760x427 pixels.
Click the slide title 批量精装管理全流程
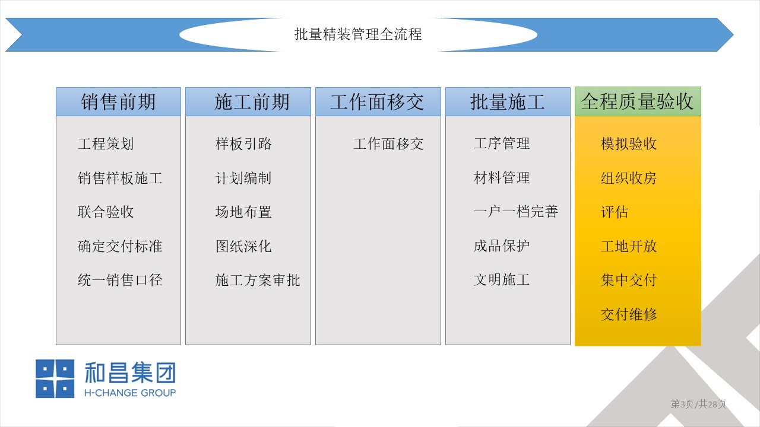tap(358, 34)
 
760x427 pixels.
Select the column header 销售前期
tap(118, 101)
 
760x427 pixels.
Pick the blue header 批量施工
tap(508, 101)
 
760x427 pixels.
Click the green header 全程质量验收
tap(638, 101)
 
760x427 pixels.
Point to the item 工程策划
tap(106, 144)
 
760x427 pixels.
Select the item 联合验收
tap(106, 212)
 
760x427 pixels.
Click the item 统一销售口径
tap(120, 281)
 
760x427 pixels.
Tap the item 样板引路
tap(243, 144)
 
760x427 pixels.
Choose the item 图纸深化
tap(243, 246)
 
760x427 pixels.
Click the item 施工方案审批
tap(258, 281)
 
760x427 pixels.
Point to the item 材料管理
tap(502, 178)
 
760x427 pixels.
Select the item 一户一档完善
tap(516, 212)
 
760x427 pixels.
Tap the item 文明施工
tap(502, 280)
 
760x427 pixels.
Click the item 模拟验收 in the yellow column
tap(629, 144)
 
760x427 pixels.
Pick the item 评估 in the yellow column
tap(615, 212)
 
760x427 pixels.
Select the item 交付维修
tap(629, 314)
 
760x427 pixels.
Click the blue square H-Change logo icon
tap(55, 378)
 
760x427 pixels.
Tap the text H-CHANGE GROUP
tap(130, 393)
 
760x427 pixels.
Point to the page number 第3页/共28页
tap(698, 404)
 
